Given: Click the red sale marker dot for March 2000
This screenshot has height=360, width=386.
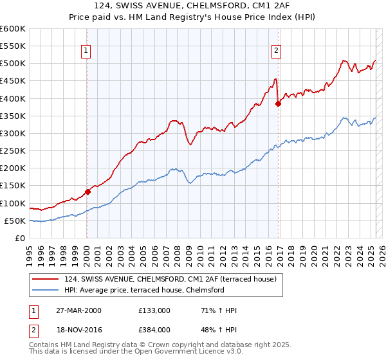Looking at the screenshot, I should click(87, 192).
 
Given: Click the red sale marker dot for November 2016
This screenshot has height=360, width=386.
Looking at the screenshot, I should click(278, 104).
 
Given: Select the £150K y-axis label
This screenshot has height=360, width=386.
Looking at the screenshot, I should click(12, 186).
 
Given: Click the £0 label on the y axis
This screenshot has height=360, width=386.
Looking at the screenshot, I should click(20, 238).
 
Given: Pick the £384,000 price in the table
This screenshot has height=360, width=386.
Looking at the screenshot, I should click(155, 329).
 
